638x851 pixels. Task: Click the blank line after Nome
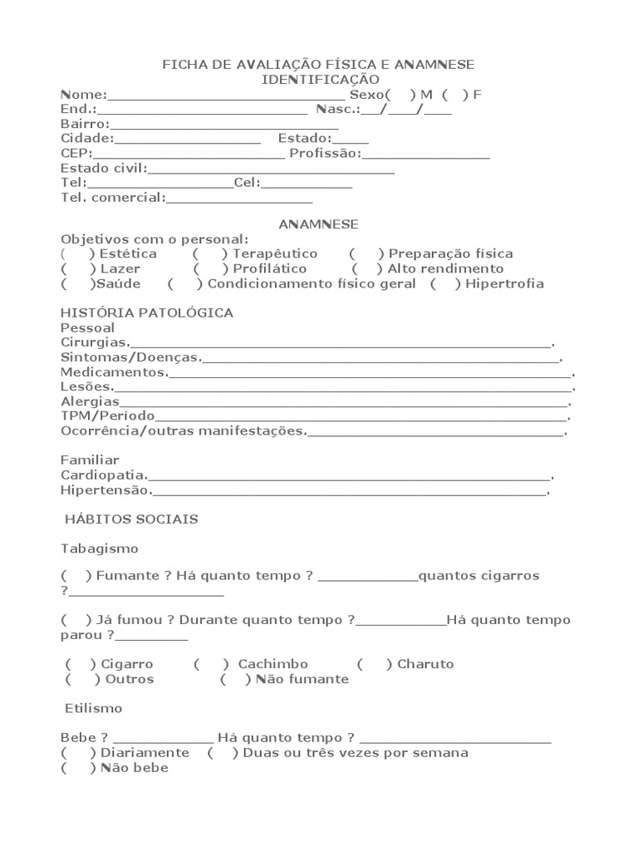pyautogui.click(x=226, y=96)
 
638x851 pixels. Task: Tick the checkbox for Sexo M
pyautogui.click(x=400, y=95)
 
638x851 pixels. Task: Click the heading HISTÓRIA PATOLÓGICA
pyautogui.click(x=147, y=313)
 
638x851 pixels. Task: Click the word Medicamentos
pyautogui.click(x=114, y=372)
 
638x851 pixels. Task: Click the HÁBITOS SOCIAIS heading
pyautogui.click(x=131, y=519)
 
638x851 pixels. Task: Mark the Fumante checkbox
pyautogui.click(x=76, y=575)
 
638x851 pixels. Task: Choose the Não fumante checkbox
pyautogui.click(x=236, y=679)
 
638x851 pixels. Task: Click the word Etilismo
pyautogui.click(x=94, y=708)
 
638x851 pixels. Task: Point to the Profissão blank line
pyautogui.click(x=425, y=156)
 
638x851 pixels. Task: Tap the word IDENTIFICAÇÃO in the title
pyautogui.click(x=321, y=80)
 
